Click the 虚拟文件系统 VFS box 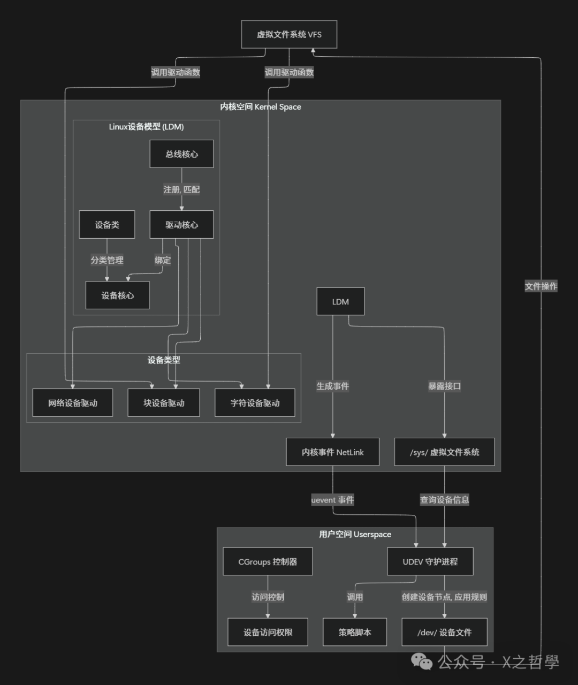click(289, 34)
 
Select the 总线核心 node click(181, 154)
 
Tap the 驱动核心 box click(181, 225)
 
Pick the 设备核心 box click(117, 295)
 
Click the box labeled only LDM click(340, 302)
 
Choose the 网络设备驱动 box click(73, 403)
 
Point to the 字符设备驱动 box click(255, 403)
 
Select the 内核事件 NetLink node click(332, 452)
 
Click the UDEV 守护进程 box click(430, 561)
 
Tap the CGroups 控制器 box click(268, 561)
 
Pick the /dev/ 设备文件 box click(444, 632)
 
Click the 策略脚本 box click(355, 632)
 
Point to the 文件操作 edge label click(541, 286)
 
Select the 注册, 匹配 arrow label click(181, 189)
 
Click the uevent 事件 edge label click(332, 500)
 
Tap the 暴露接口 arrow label click(444, 386)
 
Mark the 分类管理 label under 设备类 click(107, 260)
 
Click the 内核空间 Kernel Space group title click(261, 106)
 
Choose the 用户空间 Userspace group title click(355, 534)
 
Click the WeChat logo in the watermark click(422, 663)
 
